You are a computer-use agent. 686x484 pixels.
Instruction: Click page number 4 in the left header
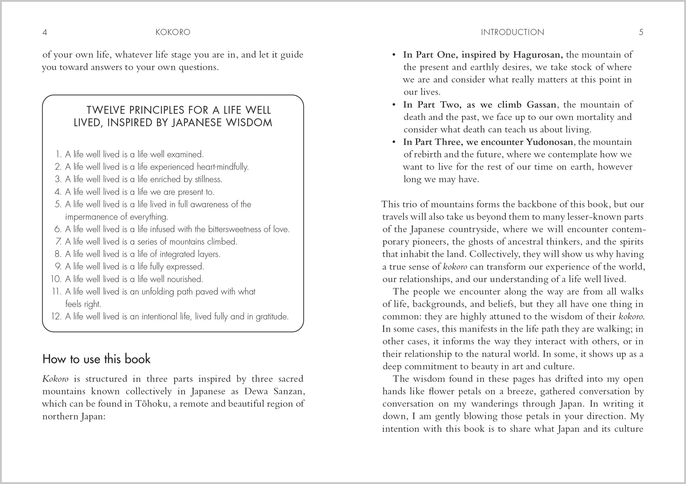(45, 32)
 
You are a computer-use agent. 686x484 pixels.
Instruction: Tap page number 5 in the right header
(641, 32)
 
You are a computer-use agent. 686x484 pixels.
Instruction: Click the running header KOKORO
(173, 32)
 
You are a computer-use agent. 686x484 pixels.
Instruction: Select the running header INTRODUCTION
(512, 32)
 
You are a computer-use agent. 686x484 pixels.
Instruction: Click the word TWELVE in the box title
(106, 110)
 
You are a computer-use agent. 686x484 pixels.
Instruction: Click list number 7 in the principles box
(59, 241)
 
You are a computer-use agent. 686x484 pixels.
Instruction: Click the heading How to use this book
(96, 359)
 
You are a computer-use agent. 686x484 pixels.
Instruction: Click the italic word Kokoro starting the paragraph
(55, 379)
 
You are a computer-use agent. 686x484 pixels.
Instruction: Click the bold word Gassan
(541, 104)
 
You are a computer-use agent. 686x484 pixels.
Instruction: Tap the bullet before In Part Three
(394, 142)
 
